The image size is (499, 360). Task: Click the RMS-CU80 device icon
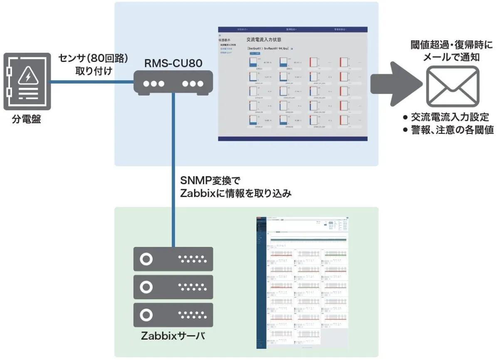(x=173, y=82)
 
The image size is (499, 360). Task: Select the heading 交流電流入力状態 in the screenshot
(x=264, y=40)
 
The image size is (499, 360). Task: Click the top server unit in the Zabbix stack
(x=173, y=259)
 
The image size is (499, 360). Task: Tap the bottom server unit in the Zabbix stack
(x=173, y=315)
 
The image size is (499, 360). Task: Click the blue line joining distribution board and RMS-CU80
(x=91, y=82)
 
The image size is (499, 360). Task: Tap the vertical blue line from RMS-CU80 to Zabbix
(x=173, y=166)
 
